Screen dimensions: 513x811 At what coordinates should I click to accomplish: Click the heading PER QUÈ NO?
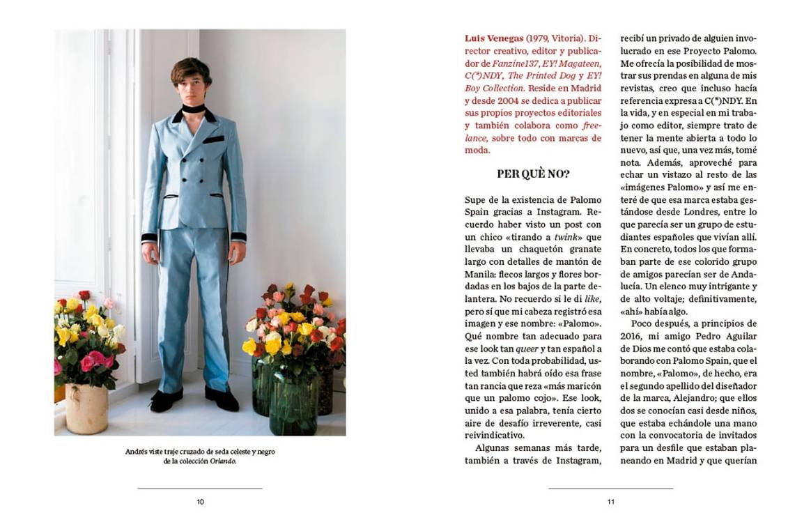tap(533, 174)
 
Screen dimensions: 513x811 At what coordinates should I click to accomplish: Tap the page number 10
tap(200, 502)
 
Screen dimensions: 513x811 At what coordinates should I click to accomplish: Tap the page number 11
tap(610, 502)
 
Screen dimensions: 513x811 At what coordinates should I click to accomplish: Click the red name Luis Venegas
tap(494, 38)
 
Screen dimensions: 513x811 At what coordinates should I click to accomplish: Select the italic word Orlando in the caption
tap(223, 461)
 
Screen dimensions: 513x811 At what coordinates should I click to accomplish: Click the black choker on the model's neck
tap(193, 109)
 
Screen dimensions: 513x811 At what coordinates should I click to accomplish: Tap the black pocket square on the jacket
tap(214, 139)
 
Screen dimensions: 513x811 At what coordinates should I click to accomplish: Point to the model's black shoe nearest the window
tap(166, 399)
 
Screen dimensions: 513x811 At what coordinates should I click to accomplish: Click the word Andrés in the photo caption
tap(137, 452)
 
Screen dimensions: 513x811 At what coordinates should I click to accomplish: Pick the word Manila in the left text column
tap(482, 274)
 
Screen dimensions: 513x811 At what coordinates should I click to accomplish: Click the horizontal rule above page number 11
tap(610, 489)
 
